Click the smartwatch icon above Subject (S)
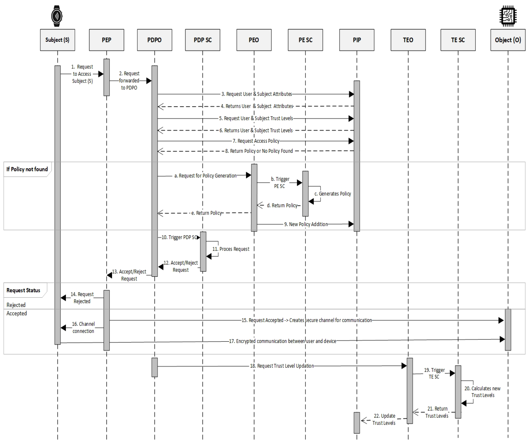(x=57, y=16)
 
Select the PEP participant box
(x=107, y=40)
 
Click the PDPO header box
(x=154, y=40)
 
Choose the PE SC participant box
(x=305, y=40)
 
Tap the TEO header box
(x=408, y=40)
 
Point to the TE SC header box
(x=458, y=40)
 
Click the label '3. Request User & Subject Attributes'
(x=257, y=94)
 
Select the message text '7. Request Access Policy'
(x=256, y=141)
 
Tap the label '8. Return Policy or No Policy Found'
(x=259, y=151)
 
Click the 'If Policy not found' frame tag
(x=27, y=169)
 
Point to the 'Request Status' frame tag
(x=23, y=290)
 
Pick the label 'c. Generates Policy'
(x=333, y=194)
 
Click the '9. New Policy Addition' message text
(x=306, y=224)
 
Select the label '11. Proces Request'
(x=231, y=249)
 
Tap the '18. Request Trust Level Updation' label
(x=282, y=366)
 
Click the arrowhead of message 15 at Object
(x=501, y=321)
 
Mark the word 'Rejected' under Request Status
(x=16, y=305)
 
